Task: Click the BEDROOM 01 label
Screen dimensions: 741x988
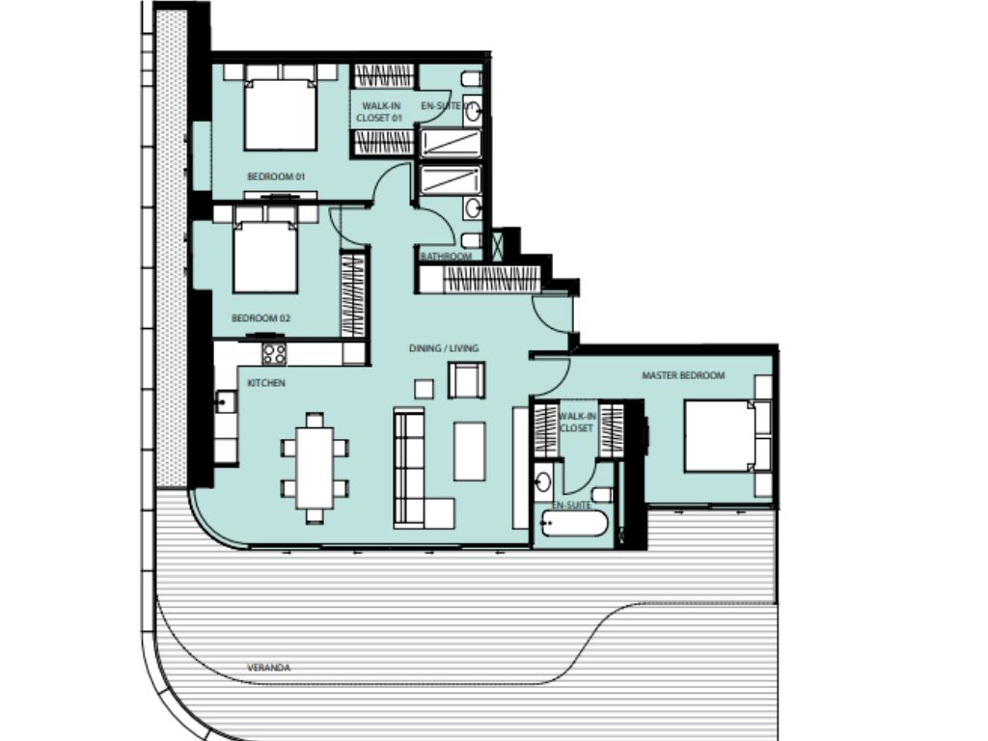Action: click(276, 177)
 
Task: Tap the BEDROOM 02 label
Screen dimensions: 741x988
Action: click(261, 317)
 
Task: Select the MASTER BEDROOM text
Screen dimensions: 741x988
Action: click(683, 375)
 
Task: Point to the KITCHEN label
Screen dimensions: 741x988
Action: click(266, 383)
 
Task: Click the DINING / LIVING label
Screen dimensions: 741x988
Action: click(443, 348)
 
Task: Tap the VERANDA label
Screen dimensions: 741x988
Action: click(269, 667)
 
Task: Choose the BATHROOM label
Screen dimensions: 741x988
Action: click(446, 256)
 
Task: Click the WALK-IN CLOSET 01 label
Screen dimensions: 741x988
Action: click(375, 111)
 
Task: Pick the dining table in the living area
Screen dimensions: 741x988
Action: click(315, 468)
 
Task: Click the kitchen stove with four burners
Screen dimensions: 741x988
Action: click(274, 353)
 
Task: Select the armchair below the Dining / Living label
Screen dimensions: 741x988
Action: click(467, 380)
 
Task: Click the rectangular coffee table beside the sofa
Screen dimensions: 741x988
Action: click(470, 450)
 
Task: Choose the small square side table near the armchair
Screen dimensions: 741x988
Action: click(425, 388)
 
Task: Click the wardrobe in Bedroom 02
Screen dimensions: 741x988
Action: click(353, 294)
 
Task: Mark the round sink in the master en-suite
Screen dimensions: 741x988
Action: click(543, 480)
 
